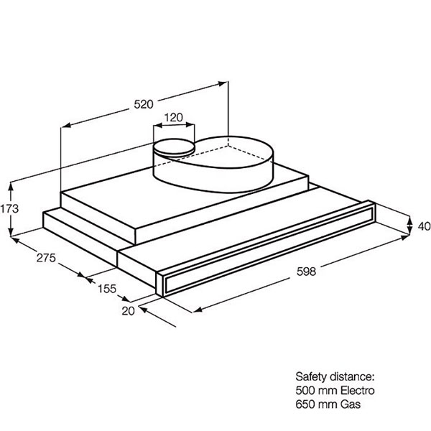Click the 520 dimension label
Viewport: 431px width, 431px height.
[x=144, y=104]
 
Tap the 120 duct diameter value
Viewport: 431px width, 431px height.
[x=174, y=118]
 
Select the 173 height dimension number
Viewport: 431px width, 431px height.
[x=9, y=209]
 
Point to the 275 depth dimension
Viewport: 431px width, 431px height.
[x=46, y=258]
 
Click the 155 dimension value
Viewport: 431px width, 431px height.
[x=107, y=289]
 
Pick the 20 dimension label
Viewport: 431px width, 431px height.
[x=129, y=311]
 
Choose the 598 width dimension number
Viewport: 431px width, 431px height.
[x=307, y=272]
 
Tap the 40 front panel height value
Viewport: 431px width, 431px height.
[x=424, y=226]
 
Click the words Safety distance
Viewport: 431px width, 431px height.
[x=335, y=376]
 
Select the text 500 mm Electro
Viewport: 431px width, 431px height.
[x=335, y=391]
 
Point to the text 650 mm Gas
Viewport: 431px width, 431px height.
[x=328, y=404]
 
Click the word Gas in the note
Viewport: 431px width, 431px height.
[x=351, y=404]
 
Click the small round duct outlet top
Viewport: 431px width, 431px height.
[x=175, y=146]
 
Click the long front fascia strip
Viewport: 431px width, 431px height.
[x=265, y=249]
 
